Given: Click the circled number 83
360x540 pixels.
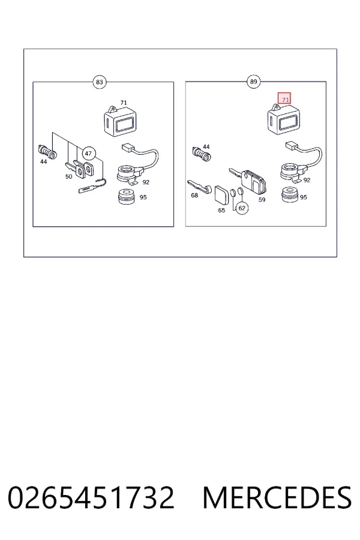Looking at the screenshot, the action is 99,82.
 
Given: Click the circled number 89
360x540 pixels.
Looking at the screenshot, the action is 253,82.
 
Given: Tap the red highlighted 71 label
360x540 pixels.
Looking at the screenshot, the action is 284,98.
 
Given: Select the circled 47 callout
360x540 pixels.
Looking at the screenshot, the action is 89,154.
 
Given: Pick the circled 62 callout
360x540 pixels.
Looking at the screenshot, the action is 242,208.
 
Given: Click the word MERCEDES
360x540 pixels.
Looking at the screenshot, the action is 277,497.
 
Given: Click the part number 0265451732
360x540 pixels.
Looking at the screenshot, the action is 91,497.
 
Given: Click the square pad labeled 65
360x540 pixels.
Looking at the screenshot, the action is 222,195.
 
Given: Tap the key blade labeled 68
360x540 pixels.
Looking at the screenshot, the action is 199,187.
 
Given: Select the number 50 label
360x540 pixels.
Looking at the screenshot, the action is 69,176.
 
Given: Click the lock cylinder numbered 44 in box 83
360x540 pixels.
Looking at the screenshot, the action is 47,152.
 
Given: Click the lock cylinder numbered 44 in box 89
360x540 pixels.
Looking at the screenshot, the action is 202,154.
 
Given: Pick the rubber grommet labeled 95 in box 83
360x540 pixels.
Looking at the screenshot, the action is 127,197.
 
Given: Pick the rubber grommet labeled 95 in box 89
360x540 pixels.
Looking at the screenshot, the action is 290,196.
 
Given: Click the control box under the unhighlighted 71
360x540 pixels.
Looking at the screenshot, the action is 120,121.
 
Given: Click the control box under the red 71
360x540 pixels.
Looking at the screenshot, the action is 284,118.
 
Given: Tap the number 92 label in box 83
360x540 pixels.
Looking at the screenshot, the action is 146,182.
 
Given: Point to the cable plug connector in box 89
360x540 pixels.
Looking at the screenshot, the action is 292,146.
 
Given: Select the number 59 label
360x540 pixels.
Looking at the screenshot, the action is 262,199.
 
